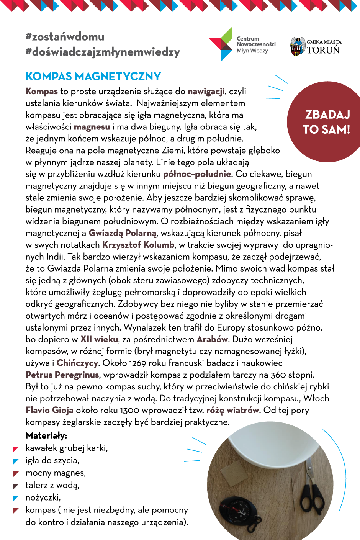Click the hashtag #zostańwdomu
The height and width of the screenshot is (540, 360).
click(65, 37)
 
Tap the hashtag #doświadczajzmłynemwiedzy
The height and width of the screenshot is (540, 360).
click(103, 52)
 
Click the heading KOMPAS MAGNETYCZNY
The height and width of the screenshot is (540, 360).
click(93, 76)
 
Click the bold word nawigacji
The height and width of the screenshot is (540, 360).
click(206, 91)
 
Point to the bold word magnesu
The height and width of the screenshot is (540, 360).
click(92, 127)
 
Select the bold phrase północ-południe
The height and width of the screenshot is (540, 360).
click(197, 174)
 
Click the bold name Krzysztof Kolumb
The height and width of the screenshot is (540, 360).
click(138, 245)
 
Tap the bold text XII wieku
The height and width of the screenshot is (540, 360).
click(99, 339)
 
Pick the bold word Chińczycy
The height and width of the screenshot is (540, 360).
click(78, 363)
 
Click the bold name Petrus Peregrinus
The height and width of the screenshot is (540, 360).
click(62, 375)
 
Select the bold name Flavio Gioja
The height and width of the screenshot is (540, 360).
click(49, 410)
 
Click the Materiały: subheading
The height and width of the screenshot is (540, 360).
click(46, 435)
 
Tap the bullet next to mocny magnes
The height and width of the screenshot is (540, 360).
click(16, 474)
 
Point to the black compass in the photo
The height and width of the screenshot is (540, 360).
click(237, 511)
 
